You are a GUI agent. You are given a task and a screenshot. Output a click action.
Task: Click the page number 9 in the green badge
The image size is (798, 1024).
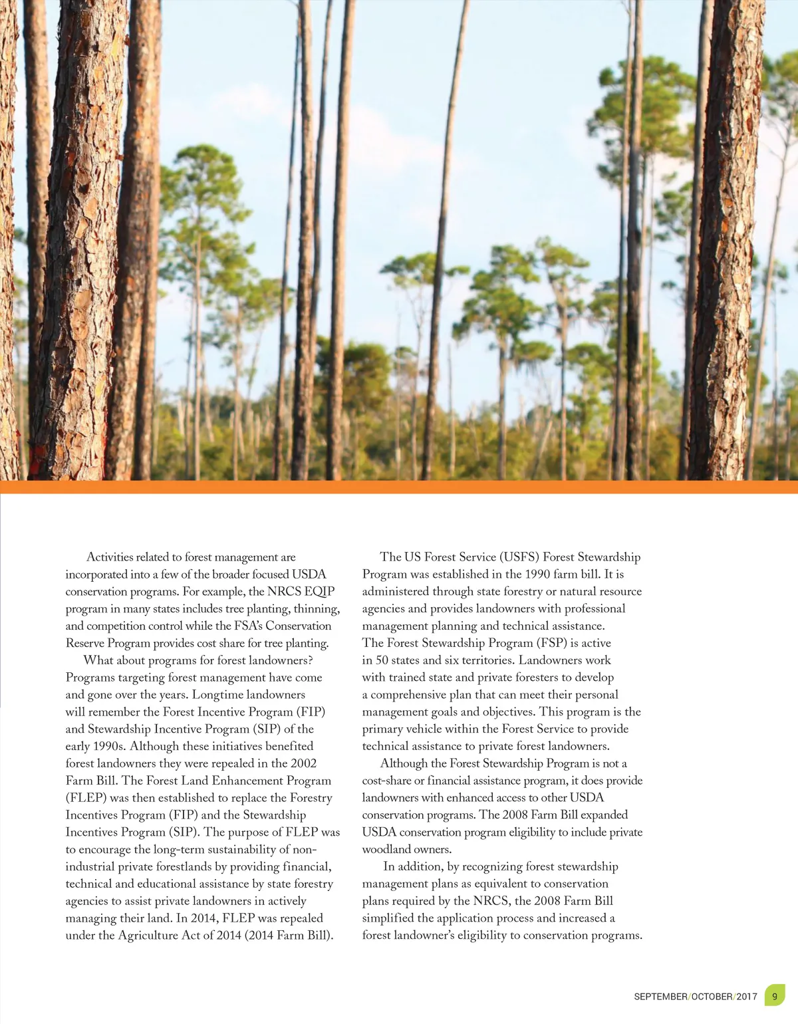click(x=774, y=996)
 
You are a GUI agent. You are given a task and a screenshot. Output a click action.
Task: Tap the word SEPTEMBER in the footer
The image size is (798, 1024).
click(x=660, y=997)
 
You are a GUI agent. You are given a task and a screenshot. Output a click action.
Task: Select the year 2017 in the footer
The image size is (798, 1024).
click(x=747, y=997)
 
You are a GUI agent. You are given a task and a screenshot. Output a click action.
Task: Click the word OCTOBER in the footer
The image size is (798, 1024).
click(x=712, y=997)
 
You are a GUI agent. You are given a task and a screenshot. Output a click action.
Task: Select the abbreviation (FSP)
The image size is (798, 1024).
click(x=551, y=643)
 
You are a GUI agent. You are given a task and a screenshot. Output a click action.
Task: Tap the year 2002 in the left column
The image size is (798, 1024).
click(x=304, y=763)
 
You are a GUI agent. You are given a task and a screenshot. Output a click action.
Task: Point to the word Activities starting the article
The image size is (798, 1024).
click(x=110, y=557)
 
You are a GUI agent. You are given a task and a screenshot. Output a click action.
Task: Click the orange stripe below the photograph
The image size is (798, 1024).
click(x=399, y=487)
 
